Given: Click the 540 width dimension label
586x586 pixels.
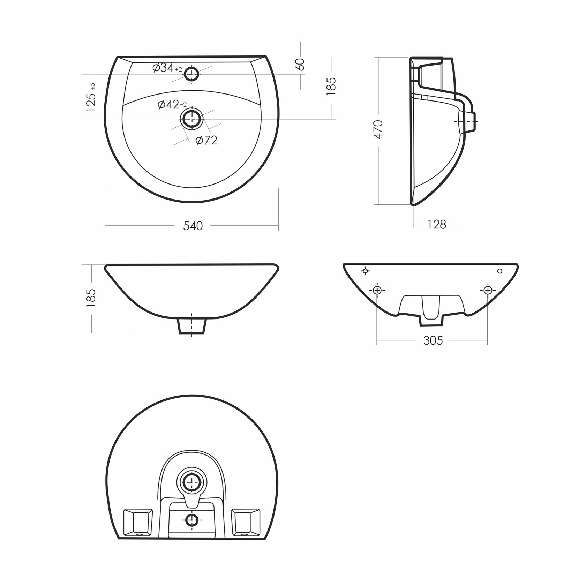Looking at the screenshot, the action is point(193,226).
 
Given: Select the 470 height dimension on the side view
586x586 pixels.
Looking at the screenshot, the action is point(378,130).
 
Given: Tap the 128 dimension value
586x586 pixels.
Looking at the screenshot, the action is point(437,224).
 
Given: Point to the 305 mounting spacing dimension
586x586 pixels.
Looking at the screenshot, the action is point(433,340).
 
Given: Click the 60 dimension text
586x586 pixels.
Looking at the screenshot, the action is point(300,64).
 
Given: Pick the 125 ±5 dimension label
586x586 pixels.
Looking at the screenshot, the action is point(91,97).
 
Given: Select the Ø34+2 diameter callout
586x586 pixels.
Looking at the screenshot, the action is point(167,68).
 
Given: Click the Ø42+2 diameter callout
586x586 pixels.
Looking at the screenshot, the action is point(172,104).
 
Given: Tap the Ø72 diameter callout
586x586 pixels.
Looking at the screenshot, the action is point(206,140).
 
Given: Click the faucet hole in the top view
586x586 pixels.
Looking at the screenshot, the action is point(191,74).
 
